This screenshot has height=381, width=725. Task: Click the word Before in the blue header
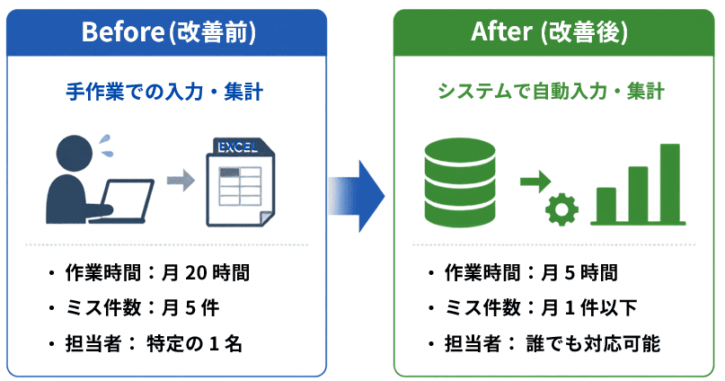tap(122, 31)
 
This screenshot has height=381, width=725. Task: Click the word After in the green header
tap(501, 31)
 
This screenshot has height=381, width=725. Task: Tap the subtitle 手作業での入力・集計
tap(164, 92)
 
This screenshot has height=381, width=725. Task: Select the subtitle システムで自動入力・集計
tap(551, 91)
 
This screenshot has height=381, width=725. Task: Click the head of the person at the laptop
tap(74, 153)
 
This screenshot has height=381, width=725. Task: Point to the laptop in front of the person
tap(125, 200)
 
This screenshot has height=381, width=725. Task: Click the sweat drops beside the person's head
tap(106, 146)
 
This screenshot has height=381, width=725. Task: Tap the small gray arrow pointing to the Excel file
tap(181, 180)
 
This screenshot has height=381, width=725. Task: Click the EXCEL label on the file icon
tap(238, 147)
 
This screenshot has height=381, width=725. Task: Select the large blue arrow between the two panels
tap(357, 196)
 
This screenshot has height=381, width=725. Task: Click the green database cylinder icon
tap(460, 182)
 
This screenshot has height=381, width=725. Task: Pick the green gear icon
tap(561, 209)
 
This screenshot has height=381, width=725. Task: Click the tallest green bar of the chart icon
tap(669, 183)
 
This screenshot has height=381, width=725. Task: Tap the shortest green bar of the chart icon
tap(606, 205)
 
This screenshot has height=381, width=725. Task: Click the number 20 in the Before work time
tap(197, 273)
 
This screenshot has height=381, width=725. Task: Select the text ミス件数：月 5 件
tap(143, 308)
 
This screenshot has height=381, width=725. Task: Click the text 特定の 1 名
tap(194, 343)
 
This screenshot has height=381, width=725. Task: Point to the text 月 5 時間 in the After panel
tap(579, 273)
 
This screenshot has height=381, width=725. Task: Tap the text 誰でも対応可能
tap(593, 343)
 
